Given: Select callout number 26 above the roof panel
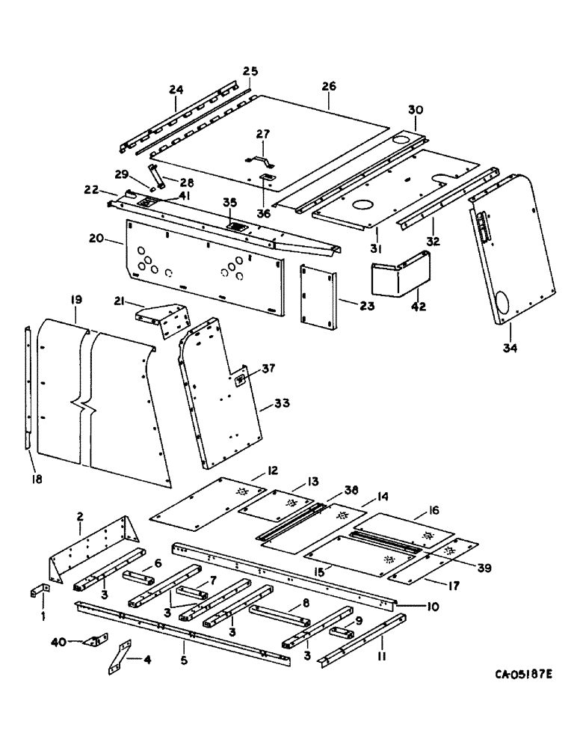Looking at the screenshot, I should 329,86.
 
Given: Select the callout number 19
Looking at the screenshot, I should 76,300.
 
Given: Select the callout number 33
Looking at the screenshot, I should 283,404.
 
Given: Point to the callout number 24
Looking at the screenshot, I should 176,89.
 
